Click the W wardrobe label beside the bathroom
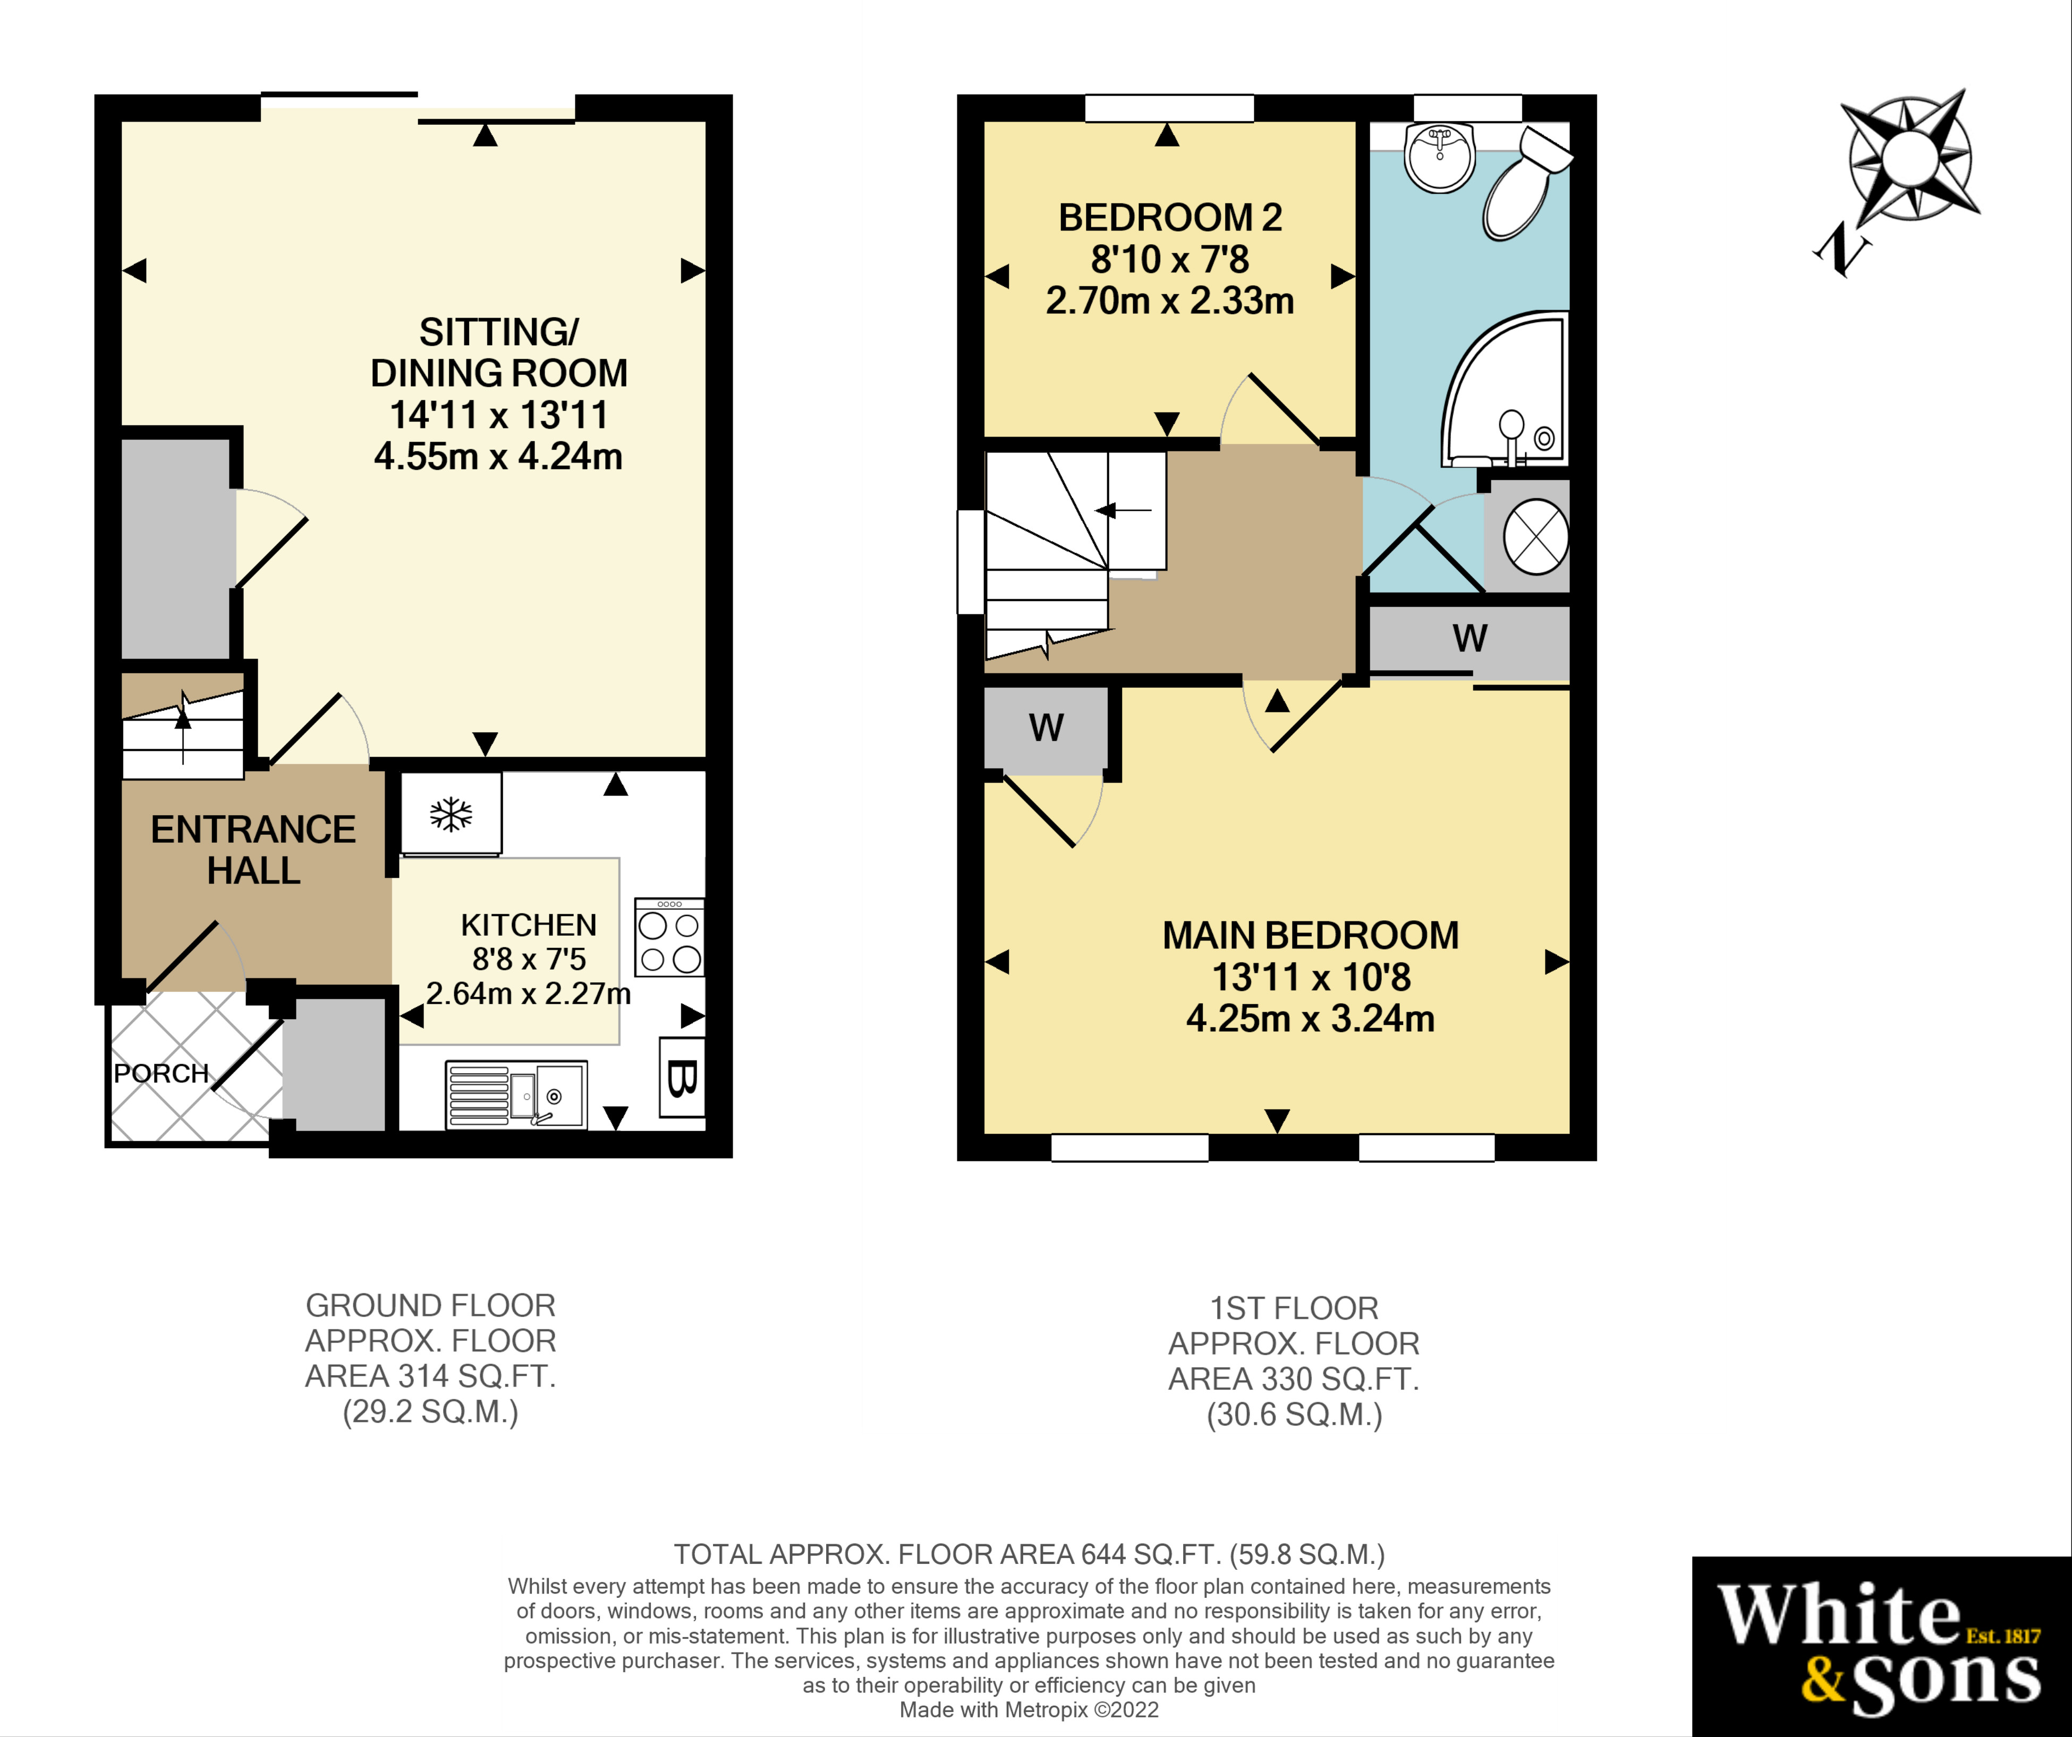pyautogui.click(x=1469, y=638)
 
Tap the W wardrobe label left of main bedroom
pyautogui.click(x=1046, y=728)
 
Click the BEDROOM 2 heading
pyautogui.click(x=1170, y=217)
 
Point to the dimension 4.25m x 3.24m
pyautogui.click(x=1310, y=1018)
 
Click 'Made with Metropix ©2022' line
pyautogui.click(x=1029, y=1709)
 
